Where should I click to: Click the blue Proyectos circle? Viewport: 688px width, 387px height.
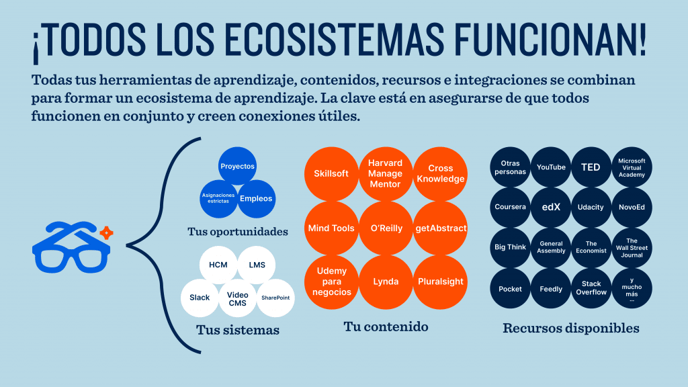(x=237, y=166)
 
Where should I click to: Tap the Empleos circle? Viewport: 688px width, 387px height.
(x=256, y=199)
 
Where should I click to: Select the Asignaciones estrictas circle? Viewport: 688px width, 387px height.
(x=218, y=199)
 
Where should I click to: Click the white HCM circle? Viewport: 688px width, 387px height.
(x=218, y=265)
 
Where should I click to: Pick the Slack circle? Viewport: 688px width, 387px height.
(x=200, y=298)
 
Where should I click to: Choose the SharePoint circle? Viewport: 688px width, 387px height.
(x=275, y=298)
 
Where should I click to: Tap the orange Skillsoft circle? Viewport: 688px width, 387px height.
(x=331, y=174)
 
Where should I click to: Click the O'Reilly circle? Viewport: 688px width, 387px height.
(x=386, y=228)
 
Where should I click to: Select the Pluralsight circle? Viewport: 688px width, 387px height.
(x=441, y=282)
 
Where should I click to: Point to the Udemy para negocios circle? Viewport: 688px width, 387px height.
(x=331, y=282)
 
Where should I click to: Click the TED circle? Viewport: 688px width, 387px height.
(x=591, y=167)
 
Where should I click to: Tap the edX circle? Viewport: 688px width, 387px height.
(x=551, y=207)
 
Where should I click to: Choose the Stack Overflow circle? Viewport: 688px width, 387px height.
(x=591, y=288)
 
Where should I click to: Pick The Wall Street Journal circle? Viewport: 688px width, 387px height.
(x=632, y=248)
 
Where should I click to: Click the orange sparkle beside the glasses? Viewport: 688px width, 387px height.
(x=106, y=232)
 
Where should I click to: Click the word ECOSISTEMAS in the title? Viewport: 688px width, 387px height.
(x=337, y=39)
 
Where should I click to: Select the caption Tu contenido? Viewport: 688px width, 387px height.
(x=386, y=327)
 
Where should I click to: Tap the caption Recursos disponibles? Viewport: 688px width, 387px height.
(x=571, y=328)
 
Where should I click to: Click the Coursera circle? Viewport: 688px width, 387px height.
(x=511, y=207)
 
